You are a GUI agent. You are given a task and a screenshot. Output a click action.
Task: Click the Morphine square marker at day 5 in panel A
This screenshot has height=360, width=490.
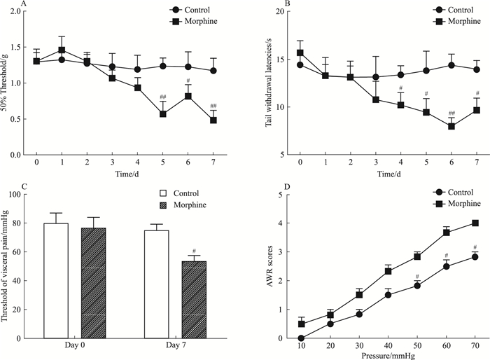162,113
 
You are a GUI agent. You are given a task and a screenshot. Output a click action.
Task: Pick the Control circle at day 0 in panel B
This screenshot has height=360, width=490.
300,65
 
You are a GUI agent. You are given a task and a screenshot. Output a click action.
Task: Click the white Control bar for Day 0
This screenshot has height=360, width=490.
56,280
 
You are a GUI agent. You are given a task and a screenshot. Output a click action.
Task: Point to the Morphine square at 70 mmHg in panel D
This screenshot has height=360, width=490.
475,223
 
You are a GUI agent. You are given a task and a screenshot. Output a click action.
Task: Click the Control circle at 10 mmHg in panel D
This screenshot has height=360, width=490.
301,338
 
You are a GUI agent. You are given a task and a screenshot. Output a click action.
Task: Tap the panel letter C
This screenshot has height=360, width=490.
5,187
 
